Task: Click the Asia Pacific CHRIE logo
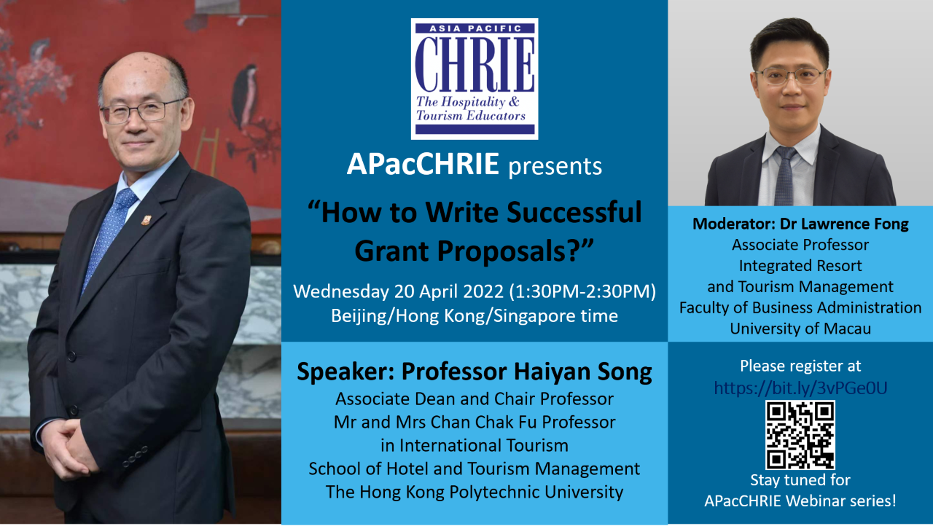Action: pos(475,79)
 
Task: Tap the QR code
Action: pos(800,435)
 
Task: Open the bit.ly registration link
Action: pos(800,388)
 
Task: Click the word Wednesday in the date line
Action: pos(340,291)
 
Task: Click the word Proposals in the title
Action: pos(503,252)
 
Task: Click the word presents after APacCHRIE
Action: pos(555,166)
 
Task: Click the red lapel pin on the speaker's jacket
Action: pos(147,219)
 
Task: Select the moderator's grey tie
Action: pos(785,176)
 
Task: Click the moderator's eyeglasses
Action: pos(790,76)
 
